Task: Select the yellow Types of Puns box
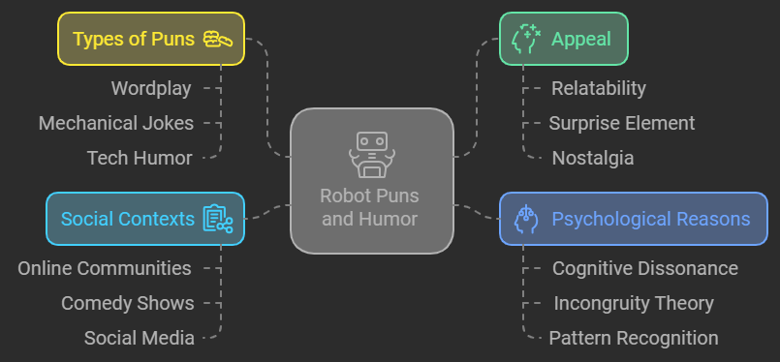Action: pos(151,39)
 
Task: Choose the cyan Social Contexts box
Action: pos(145,219)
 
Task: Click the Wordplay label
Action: pos(151,88)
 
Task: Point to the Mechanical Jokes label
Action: pos(116,123)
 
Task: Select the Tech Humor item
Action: pos(140,157)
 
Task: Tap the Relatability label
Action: pos(598,88)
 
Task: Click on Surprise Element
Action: pos(621,123)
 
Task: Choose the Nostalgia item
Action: pos(592,157)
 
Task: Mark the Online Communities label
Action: pos(105,268)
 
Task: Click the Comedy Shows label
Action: pos(127,303)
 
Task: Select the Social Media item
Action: pos(139,338)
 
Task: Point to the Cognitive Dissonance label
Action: pos(644,268)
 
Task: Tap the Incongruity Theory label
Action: pos(633,303)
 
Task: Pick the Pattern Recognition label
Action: pos(633,338)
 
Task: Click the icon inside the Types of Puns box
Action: pos(217,39)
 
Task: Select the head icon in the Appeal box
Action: pos(524,39)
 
